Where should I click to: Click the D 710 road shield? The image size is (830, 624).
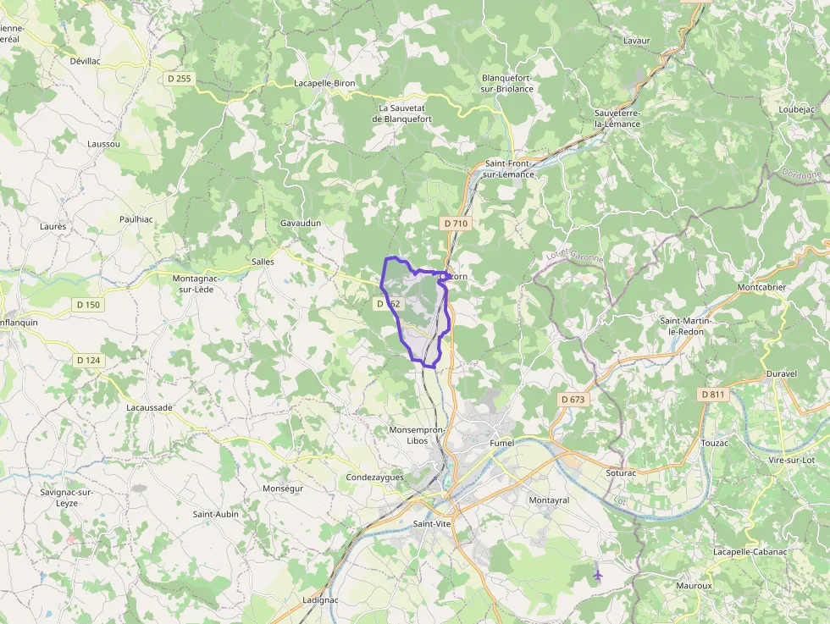(x=455, y=224)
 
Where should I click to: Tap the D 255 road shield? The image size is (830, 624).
(x=180, y=78)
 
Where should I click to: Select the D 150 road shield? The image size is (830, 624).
(x=88, y=305)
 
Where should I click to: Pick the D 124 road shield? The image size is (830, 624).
(x=88, y=361)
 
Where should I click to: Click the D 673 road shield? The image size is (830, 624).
(x=573, y=399)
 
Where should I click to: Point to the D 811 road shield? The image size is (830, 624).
(x=714, y=395)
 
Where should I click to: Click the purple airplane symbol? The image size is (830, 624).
(x=598, y=576)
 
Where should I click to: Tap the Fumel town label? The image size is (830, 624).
(x=502, y=443)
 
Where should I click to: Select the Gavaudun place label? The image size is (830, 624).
(x=301, y=223)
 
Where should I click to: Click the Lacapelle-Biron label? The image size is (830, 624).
(x=324, y=83)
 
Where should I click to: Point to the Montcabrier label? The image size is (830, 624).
(x=761, y=287)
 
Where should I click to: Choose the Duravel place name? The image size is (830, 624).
(x=782, y=373)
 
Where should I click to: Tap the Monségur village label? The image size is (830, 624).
(x=283, y=489)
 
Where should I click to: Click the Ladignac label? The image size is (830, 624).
(x=320, y=600)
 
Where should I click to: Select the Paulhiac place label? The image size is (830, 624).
(x=136, y=218)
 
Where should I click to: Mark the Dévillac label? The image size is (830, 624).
(x=85, y=62)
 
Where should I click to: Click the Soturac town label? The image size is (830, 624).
(x=621, y=473)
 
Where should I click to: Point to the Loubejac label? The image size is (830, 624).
(x=797, y=109)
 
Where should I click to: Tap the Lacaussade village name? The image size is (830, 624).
(x=149, y=407)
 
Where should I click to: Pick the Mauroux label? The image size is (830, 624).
(x=694, y=585)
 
